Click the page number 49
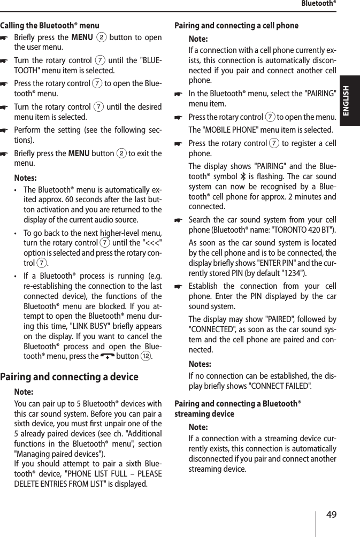332,515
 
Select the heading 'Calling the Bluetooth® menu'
50,25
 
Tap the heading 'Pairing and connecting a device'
70,377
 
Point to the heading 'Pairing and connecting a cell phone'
237,25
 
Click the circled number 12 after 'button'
154,356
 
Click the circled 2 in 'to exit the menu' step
120,154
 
